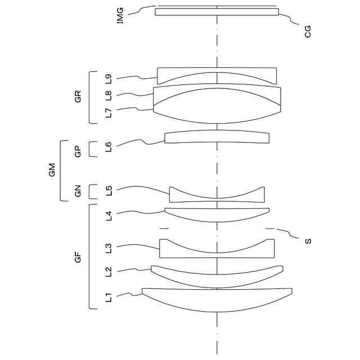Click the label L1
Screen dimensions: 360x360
(109, 297)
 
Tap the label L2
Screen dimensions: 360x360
(109, 272)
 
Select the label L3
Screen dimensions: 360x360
(109, 248)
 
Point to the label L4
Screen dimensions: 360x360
(109, 216)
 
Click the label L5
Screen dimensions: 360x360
(109, 191)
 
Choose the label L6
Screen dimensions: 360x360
(109, 147)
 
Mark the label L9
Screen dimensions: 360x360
(109, 79)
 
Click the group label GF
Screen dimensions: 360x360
(78, 257)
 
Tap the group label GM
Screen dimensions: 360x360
(52, 170)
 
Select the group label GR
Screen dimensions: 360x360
(78, 96)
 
